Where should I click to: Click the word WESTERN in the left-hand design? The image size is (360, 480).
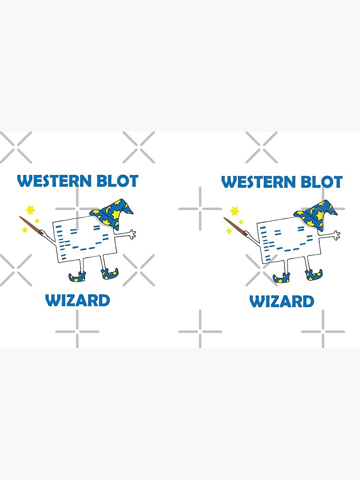click(x=54, y=181)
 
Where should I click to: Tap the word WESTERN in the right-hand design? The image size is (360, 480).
click(x=258, y=182)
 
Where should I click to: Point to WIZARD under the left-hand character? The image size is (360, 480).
click(x=77, y=301)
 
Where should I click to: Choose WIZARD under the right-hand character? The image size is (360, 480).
click(x=281, y=302)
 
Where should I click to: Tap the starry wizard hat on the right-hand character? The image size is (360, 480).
click(x=318, y=212)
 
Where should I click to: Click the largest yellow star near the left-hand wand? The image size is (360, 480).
click(x=31, y=210)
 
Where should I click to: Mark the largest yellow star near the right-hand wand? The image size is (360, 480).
click(x=235, y=211)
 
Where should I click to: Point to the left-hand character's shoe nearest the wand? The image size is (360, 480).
click(x=77, y=276)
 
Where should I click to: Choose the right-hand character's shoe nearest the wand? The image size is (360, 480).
click(x=281, y=277)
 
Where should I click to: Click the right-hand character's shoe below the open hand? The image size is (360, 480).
click(x=314, y=275)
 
